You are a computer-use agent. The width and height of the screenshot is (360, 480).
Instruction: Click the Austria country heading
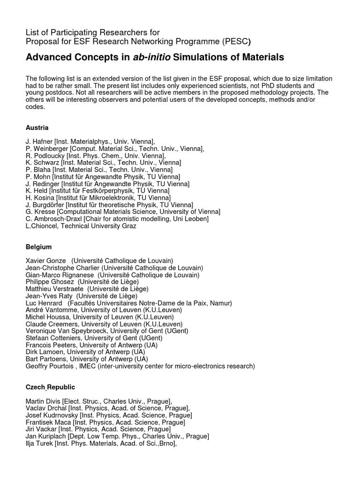tap(37, 127)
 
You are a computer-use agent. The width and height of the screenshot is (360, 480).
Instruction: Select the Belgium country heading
tap(38, 247)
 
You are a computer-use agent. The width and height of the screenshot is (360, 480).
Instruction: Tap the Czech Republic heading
tap(50, 387)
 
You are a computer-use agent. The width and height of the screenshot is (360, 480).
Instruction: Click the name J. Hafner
tap(39, 141)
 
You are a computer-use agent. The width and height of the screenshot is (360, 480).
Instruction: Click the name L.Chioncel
tap(42, 226)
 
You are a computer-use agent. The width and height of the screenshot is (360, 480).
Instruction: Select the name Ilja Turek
tap(40, 443)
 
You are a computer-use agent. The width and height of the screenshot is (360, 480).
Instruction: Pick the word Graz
tap(129, 226)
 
